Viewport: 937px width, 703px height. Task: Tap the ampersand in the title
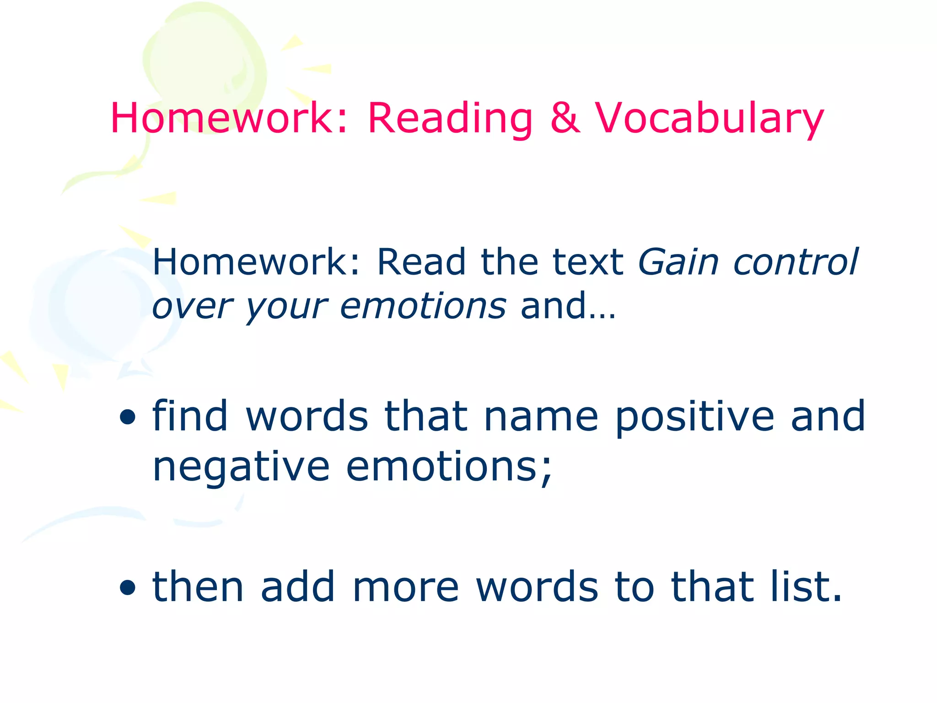click(x=565, y=118)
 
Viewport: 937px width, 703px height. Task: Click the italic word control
click(x=796, y=262)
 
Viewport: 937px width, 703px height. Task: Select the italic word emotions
click(x=423, y=306)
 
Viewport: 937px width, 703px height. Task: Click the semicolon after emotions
click(x=546, y=471)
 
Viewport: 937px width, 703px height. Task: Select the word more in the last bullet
click(x=405, y=587)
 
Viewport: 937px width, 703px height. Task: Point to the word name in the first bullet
click(x=541, y=416)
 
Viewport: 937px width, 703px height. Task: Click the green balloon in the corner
click(x=204, y=64)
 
